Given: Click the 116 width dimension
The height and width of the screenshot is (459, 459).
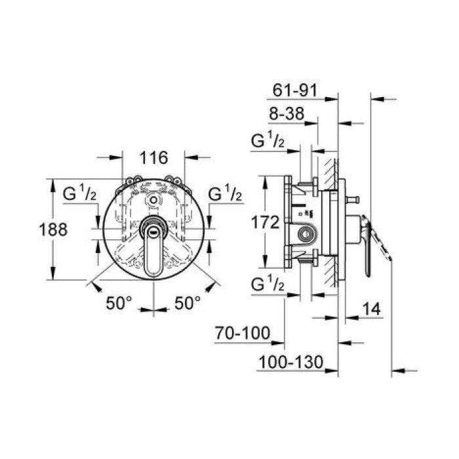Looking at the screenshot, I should (154, 157).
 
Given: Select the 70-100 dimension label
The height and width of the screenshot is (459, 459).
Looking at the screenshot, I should (243, 334).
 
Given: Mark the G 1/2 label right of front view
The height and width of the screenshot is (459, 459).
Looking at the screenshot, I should (226, 195).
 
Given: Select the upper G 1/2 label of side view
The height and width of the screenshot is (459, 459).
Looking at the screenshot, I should (269, 141).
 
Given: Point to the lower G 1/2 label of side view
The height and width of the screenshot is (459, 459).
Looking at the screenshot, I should (269, 284).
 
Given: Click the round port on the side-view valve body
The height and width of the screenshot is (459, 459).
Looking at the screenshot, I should (305, 234).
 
